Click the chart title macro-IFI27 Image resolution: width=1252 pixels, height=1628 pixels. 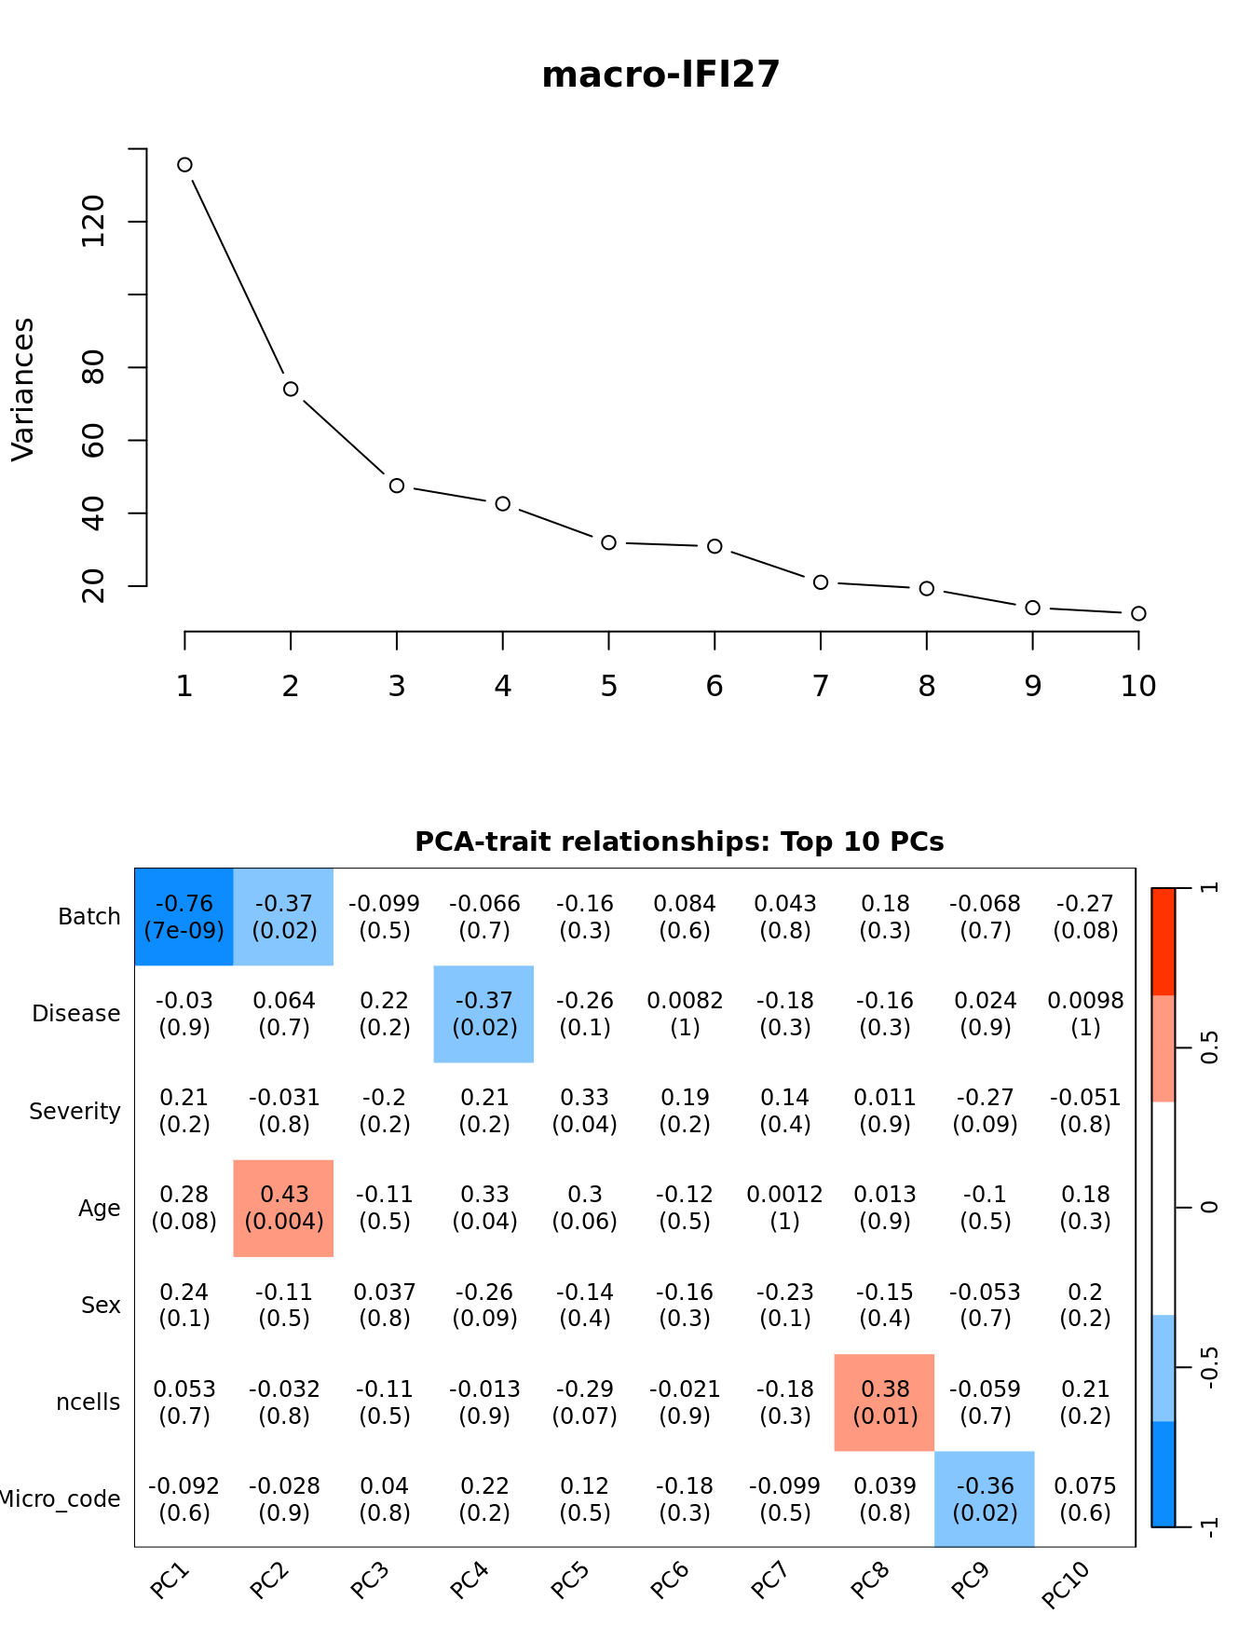pyautogui.click(x=660, y=75)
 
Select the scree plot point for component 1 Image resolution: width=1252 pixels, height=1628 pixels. pyautogui.click(x=184, y=165)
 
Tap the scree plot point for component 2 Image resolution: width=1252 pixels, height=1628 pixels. pyautogui.click(x=291, y=389)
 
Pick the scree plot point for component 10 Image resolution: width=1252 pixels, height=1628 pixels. pyautogui.click(x=1138, y=613)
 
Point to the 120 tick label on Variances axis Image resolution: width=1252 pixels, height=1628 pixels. pyautogui.click(x=93, y=222)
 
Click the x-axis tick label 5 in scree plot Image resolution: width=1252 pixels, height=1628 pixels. pyautogui.click(x=608, y=687)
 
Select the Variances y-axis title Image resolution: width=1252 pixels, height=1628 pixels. pyautogui.click(x=22, y=390)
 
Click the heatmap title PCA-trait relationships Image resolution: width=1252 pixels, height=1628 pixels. pyautogui.click(x=679, y=841)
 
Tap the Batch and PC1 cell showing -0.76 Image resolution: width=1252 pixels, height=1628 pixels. pyautogui.click(x=184, y=917)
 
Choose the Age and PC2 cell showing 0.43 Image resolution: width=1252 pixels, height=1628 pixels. pyautogui.click(x=284, y=1208)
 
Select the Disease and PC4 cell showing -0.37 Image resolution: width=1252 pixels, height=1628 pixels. pyautogui.click(x=484, y=1014)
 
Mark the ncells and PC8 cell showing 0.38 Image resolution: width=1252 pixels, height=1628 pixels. pyautogui.click(x=885, y=1402)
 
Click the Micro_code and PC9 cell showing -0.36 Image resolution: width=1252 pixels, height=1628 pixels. pyautogui.click(x=985, y=1499)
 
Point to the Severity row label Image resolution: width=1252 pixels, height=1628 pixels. pyautogui.click(x=75, y=1112)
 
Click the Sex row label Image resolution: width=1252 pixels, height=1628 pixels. pyautogui.click(x=101, y=1306)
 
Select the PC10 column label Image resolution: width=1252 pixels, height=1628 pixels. pyautogui.click(x=1066, y=1584)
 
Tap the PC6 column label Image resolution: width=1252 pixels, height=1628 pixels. pyautogui.click(x=670, y=1580)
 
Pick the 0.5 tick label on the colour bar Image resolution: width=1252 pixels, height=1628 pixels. pyautogui.click(x=1209, y=1048)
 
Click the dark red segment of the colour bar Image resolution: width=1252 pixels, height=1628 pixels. pyautogui.click(x=1164, y=941)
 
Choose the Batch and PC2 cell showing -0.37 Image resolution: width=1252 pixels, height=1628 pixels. pyautogui.click(x=284, y=917)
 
